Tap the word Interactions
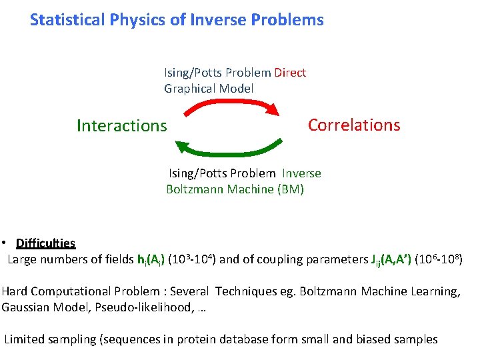(122, 125)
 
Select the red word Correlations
(354, 125)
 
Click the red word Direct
(290, 72)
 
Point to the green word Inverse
(301, 173)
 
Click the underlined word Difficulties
(45, 243)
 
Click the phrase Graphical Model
(209, 88)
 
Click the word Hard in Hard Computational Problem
(14, 291)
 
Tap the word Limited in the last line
(25, 339)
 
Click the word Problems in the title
(287, 20)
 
